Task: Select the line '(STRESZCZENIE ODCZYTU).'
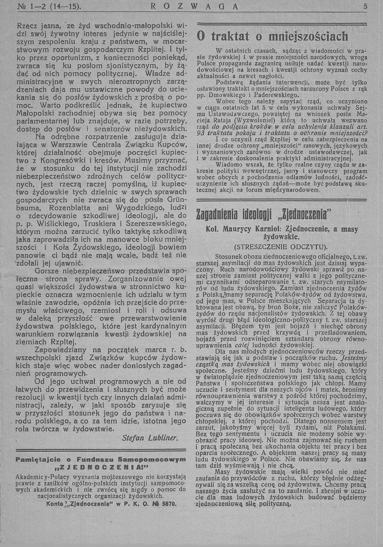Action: pos(281,246)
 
